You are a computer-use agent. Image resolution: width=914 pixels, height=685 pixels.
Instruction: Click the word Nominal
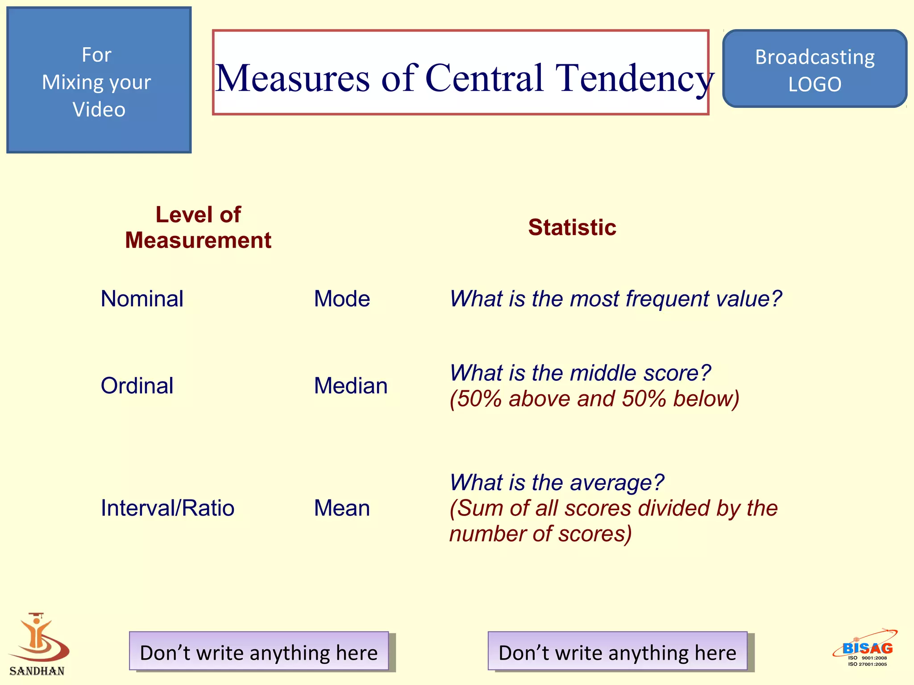point(142,299)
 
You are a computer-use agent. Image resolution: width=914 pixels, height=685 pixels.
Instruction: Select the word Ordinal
point(137,386)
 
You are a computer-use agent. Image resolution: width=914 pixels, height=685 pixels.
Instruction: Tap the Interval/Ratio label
point(167,508)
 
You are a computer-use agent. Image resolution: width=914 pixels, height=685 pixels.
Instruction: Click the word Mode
point(342,299)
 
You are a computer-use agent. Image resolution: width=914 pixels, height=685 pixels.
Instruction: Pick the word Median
point(351,386)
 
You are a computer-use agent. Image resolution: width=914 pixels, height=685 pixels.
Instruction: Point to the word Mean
point(342,508)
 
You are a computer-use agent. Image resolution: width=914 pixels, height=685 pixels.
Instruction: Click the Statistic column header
point(572,227)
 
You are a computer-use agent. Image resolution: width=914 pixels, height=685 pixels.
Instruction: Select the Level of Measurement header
point(198,227)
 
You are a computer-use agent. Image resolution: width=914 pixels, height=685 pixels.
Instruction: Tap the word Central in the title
point(485,78)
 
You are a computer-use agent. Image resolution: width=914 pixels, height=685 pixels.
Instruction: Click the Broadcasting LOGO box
point(814,69)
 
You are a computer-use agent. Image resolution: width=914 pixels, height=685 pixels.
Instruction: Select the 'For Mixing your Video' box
point(99,80)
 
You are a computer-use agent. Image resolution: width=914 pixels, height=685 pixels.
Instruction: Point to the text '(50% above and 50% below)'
point(594,399)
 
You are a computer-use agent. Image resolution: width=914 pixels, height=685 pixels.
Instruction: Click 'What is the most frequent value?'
point(615,299)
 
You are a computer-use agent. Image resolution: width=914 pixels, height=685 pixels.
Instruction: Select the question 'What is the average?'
point(557,483)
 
